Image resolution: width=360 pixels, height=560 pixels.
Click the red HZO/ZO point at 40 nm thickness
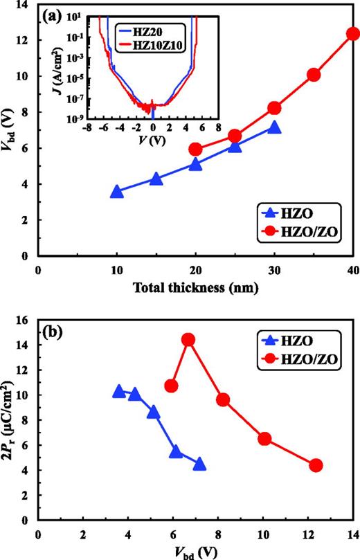tap(353, 34)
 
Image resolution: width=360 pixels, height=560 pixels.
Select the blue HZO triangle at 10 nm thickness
tap(117, 192)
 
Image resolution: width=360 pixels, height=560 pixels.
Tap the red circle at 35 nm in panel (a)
tap(314, 75)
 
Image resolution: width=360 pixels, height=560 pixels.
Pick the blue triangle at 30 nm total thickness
tap(274, 127)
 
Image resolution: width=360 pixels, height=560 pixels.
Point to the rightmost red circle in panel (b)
tap(316, 465)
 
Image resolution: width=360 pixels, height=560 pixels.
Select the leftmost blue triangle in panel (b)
tap(119, 392)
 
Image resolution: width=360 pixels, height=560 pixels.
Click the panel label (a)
tap(53, 15)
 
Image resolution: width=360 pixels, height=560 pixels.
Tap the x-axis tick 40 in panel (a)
tap(353, 269)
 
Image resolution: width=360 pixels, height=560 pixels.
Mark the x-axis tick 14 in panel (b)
tap(353, 535)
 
